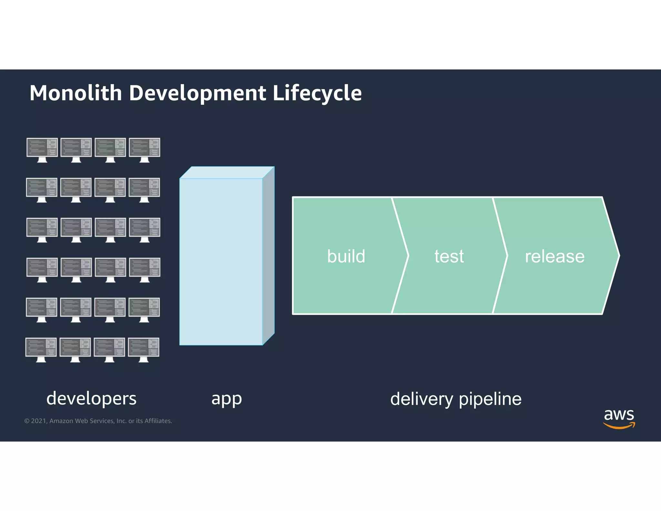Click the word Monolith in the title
click(x=76, y=93)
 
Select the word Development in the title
click(x=198, y=93)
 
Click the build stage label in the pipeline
click(x=346, y=256)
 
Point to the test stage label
click(x=449, y=256)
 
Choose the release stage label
click(x=554, y=256)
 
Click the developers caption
click(x=91, y=398)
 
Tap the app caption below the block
click(x=227, y=399)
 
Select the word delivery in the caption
click(x=422, y=399)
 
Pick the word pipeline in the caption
click(x=490, y=399)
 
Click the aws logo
click(x=619, y=418)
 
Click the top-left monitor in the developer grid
click(x=42, y=149)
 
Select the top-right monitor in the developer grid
click(x=145, y=149)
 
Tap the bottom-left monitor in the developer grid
click(x=41, y=349)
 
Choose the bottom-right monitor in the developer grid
click(x=144, y=349)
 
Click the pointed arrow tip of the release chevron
click(x=617, y=255)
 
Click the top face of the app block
click(x=227, y=172)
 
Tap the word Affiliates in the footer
click(x=158, y=421)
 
